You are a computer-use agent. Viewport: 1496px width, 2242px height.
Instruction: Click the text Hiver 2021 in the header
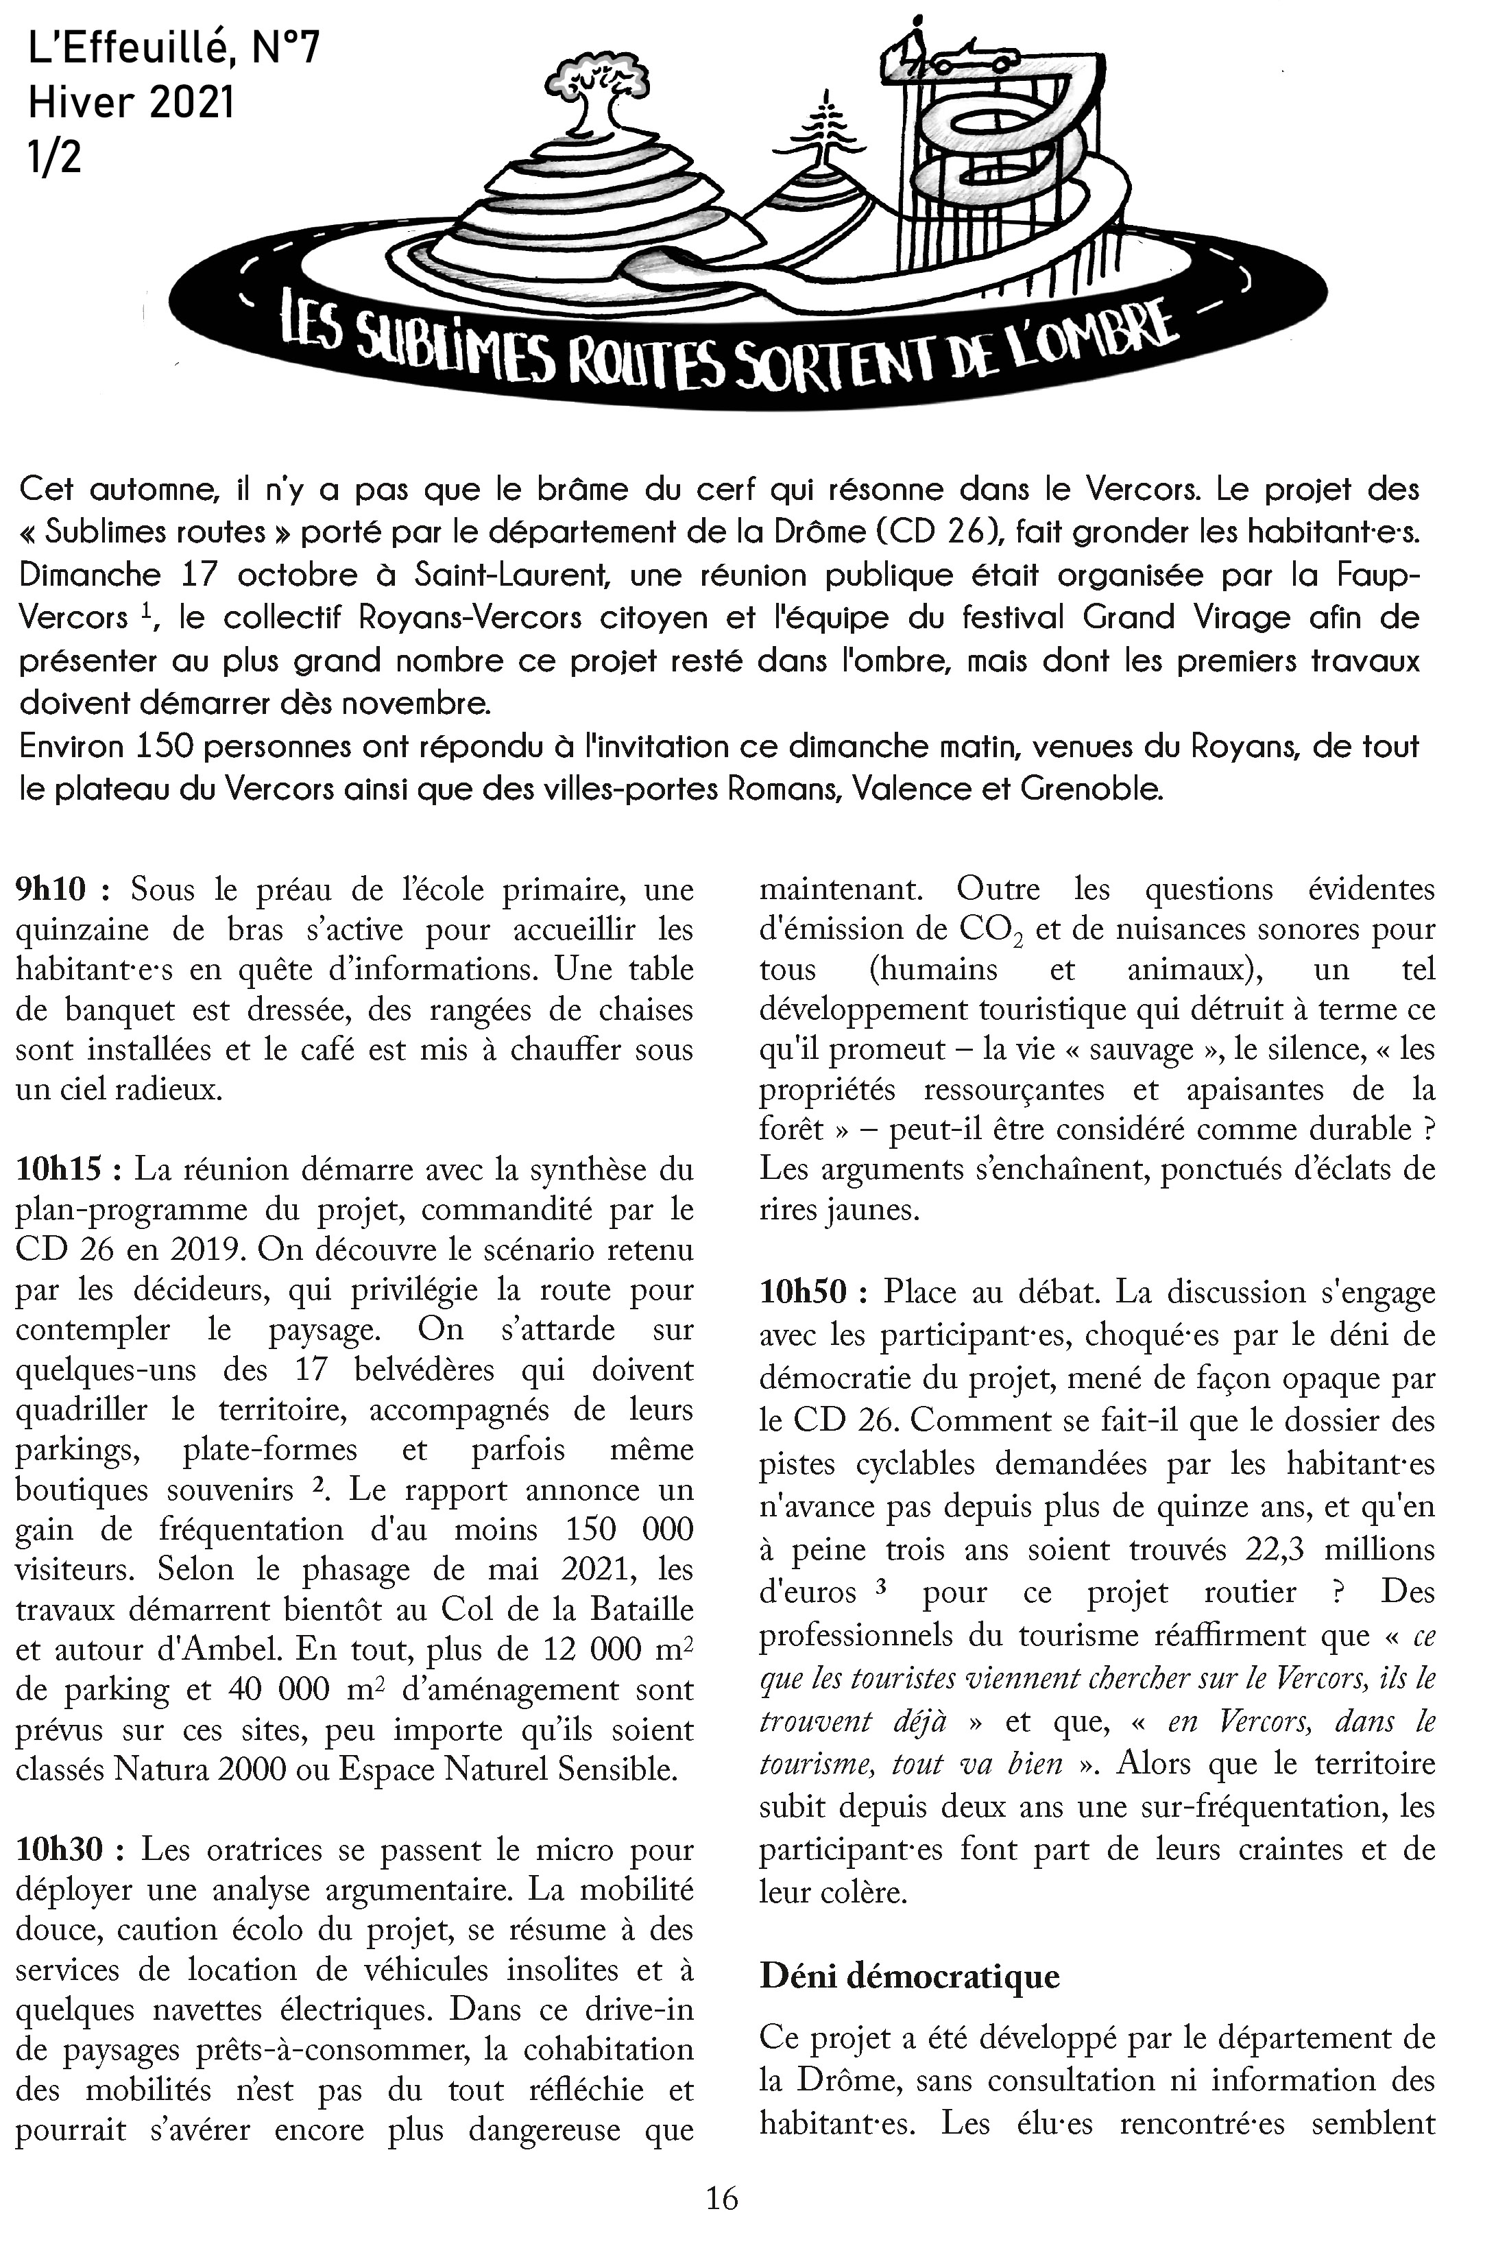click(x=131, y=102)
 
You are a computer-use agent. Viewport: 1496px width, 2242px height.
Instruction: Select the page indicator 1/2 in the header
click(x=54, y=156)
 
